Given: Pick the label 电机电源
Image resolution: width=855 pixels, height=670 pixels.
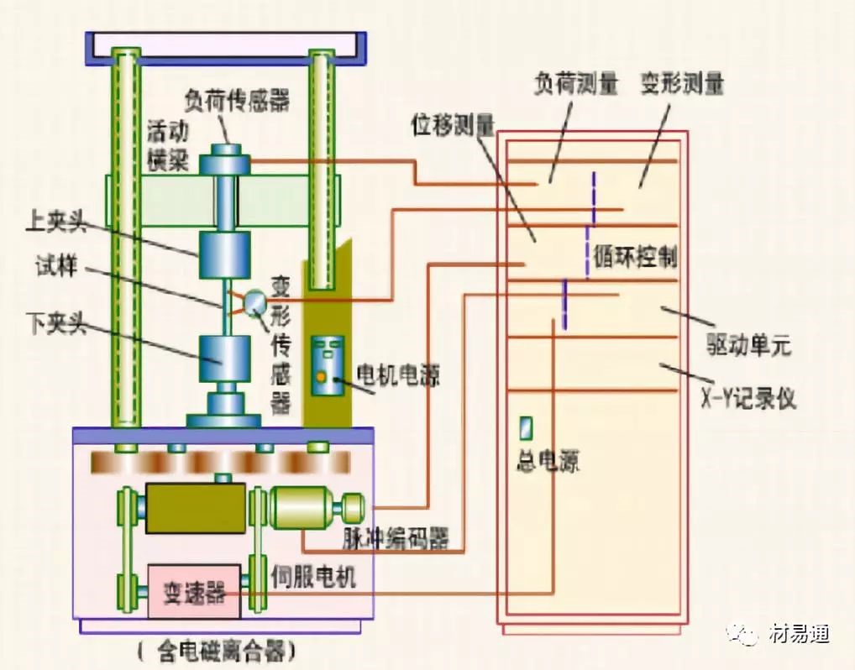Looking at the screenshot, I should point(398,373).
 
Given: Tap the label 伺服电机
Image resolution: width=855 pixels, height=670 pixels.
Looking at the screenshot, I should point(314,577).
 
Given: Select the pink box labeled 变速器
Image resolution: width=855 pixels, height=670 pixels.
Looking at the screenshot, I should point(192,592).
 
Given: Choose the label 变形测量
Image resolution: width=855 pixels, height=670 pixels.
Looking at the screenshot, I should point(682,84).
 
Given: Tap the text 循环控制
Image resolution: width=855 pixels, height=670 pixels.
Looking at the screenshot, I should point(636,257).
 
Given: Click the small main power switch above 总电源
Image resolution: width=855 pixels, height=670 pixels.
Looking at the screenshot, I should point(526,429).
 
